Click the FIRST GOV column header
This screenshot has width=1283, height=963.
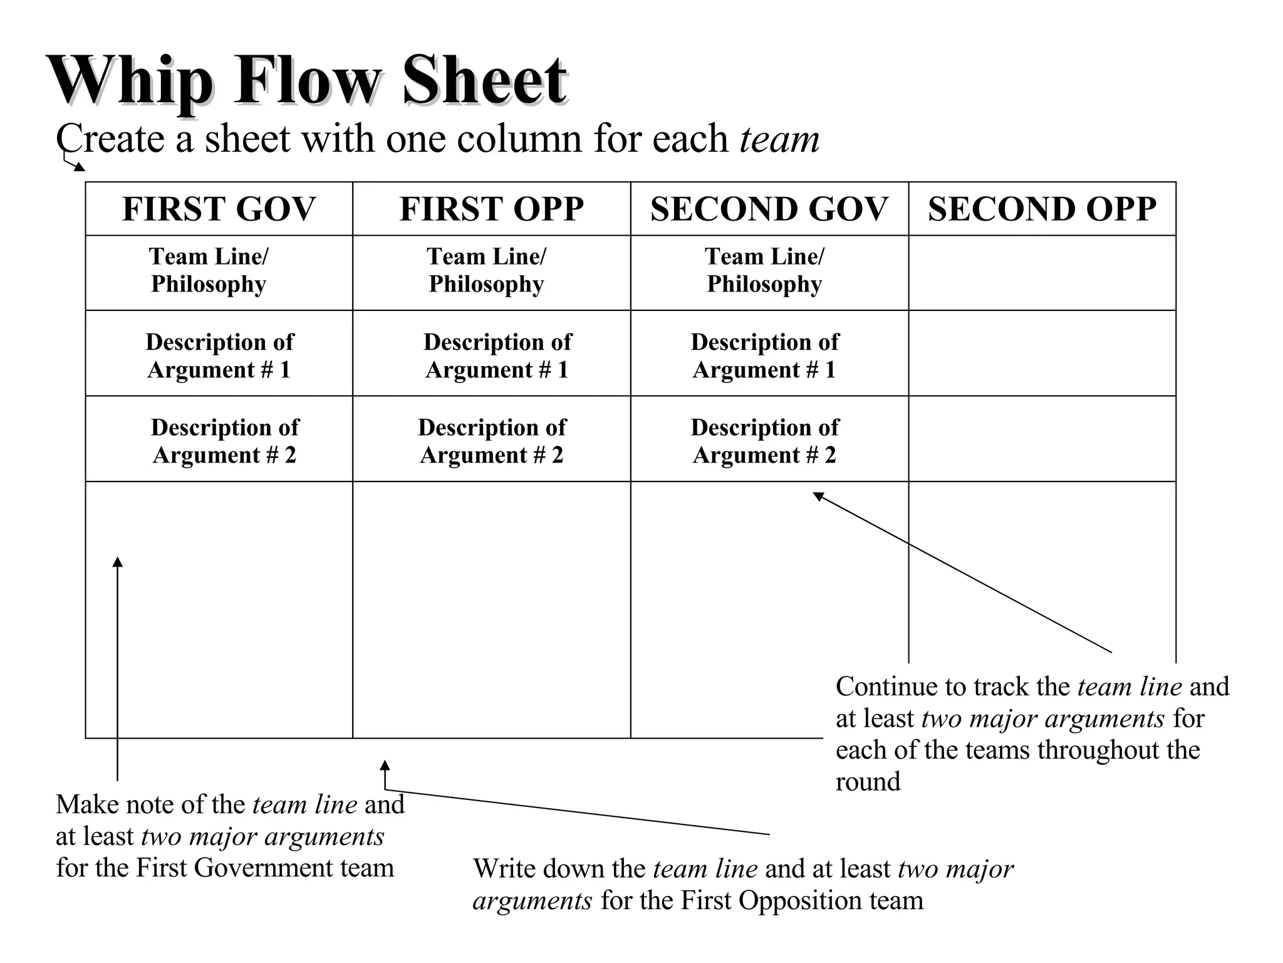pos(219,209)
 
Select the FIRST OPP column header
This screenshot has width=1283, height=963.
pos(492,209)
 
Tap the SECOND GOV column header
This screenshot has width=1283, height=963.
pos(769,209)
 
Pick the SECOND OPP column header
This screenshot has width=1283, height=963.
pos(1042,209)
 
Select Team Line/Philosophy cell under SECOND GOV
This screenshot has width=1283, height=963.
pos(764,270)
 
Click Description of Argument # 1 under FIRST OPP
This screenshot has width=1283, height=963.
pos(497,355)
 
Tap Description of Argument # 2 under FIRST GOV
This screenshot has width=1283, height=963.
pos(224,441)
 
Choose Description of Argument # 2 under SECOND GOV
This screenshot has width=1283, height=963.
pos(764,441)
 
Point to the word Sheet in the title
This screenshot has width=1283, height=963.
pos(484,82)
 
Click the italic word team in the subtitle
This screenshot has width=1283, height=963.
pos(779,139)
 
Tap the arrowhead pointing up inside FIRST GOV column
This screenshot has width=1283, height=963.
pos(117,562)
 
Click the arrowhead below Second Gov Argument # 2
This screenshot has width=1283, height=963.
pos(818,497)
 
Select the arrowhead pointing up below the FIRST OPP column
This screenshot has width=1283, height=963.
pos(385,766)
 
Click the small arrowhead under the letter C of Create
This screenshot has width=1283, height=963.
pos(79,167)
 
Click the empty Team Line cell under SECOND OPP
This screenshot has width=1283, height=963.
pos(1042,273)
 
